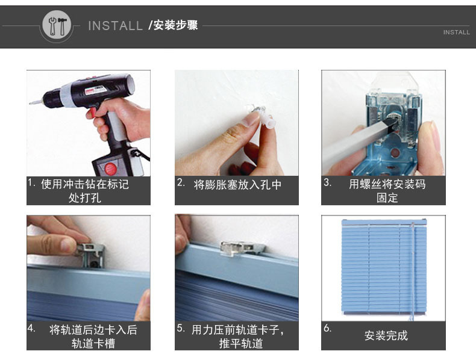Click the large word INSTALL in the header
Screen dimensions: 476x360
click(x=115, y=26)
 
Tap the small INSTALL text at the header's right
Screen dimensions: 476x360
click(x=456, y=32)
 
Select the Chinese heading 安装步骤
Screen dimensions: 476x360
click(x=176, y=25)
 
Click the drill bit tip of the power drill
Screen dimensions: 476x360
click(x=31, y=103)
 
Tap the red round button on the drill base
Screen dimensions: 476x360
click(x=110, y=169)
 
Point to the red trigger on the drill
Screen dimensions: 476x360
click(x=92, y=113)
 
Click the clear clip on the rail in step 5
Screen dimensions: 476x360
click(x=243, y=248)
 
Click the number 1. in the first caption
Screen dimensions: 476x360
click(x=32, y=182)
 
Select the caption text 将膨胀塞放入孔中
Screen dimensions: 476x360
click(x=237, y=184)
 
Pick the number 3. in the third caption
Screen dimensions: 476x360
click(x=328, y=182)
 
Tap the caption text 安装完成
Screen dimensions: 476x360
click(x=386, y=335)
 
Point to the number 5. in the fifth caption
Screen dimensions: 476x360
click(x=181, y=328)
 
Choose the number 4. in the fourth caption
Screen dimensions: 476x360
click(x=32, y=328)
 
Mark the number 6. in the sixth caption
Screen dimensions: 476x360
click(x=328, y=328)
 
